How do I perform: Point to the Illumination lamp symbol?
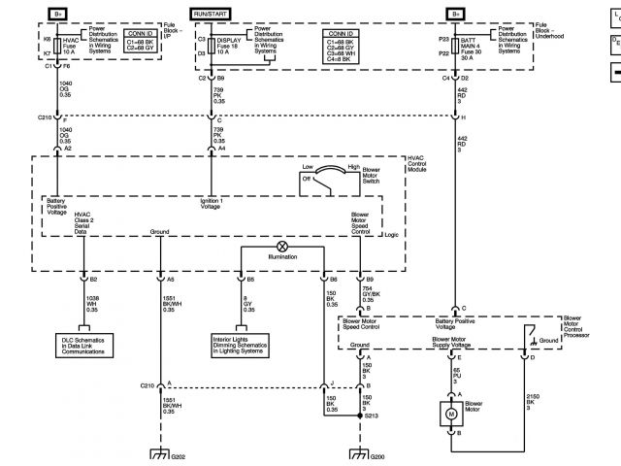(282, 247)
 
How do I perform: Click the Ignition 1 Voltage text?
(213, 204)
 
